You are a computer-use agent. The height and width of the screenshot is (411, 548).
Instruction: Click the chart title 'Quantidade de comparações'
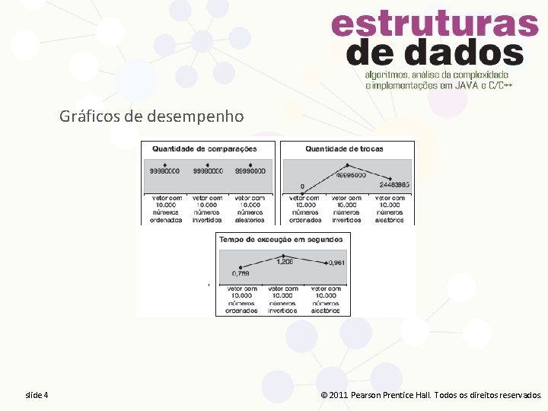point(204,148)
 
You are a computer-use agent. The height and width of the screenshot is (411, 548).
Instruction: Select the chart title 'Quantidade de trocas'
point(344,148)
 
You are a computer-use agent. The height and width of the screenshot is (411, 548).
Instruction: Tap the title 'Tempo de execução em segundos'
point(280,239)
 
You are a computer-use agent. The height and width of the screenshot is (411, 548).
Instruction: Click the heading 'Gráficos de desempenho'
point(152,116)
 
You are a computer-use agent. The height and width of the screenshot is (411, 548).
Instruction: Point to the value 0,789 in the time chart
point(241,275)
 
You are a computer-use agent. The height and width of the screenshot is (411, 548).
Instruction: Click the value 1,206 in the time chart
point(284,262)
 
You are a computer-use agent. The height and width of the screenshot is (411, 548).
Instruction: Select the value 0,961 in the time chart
point(336,263)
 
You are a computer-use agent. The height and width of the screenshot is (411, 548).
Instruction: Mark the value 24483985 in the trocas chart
point(393,185)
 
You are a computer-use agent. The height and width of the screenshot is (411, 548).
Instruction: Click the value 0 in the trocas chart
point(302,186)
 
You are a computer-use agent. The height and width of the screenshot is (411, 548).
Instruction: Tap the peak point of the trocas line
point(348,165)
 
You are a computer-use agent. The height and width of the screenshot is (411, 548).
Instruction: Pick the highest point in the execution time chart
point(283,256)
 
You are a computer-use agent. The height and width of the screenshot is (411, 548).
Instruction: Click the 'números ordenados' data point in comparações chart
point(165,165)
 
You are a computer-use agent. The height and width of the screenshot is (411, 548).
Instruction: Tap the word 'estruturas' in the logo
point(435,24)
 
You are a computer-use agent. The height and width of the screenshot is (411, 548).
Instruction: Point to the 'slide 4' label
point(37,395)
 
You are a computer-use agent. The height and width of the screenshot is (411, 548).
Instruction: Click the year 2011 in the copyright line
point(339,395)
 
